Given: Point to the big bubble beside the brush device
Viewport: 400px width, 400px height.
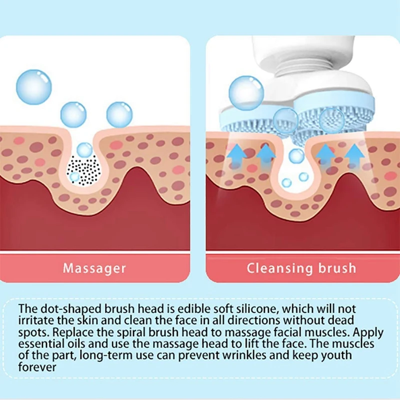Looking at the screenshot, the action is click(x=246, y=92).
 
